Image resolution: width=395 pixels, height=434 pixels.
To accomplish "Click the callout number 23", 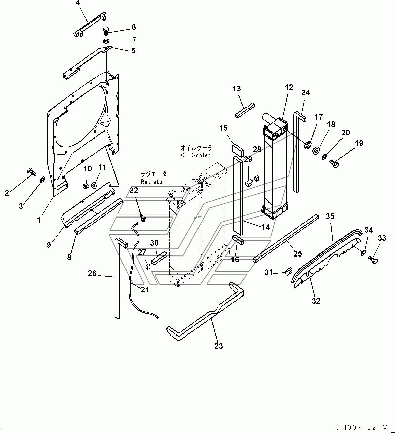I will [x=219, y=346].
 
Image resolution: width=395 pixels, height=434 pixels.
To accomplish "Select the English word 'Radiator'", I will [x=153, y=182].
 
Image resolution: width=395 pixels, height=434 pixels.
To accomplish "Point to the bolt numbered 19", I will [x=335, y=164].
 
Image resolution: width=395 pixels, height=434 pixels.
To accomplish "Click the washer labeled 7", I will [x=106, y=41].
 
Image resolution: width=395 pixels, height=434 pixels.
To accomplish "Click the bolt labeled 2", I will [x=31, y=172].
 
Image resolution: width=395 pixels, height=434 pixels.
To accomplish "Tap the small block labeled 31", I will [x=288, y=271].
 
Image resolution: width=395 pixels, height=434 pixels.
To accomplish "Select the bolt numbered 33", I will [x=373, y=259].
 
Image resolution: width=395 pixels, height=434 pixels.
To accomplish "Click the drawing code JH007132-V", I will [x=361, y=427].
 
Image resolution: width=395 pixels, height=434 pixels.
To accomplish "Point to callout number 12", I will [x=289, y=87].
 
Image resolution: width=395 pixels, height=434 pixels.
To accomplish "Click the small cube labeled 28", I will [x=257, y=177].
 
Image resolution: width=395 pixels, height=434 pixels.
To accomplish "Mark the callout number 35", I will [x=330, y=216].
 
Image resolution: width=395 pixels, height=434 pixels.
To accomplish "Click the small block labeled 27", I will [x=148, y=267].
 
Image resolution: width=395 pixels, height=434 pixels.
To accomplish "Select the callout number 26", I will [x=92, y=273].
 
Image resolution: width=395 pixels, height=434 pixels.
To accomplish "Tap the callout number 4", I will [x=78, y=3].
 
